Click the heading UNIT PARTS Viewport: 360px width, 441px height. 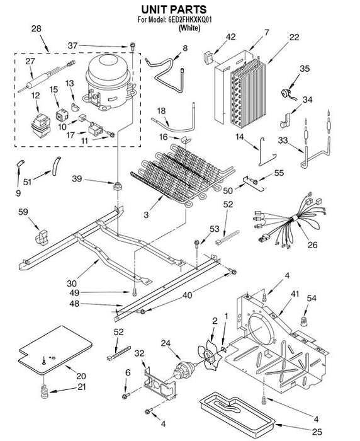[174, 9]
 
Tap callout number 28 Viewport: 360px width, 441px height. [37, 28]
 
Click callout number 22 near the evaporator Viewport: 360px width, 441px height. [294, 37]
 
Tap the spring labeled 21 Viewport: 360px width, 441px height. [45, 391]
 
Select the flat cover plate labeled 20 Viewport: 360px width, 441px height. [55, 350]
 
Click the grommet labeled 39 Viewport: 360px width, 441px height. [118, 186]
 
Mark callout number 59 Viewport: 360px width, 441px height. [23, 212]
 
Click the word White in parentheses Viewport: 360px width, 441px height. [189, 28]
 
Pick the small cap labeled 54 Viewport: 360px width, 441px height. [304, 321]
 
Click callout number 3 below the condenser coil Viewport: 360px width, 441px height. [146, 215]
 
